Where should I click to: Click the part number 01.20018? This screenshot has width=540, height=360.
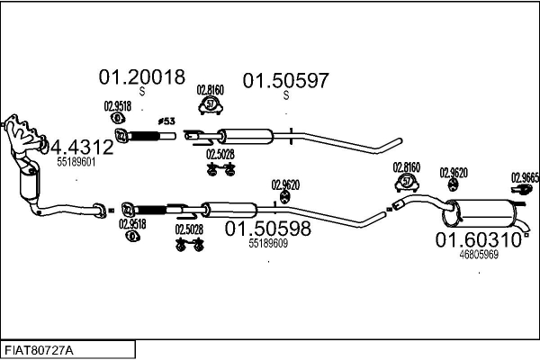coord(142,77)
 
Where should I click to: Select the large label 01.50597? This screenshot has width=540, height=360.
coord(286,81)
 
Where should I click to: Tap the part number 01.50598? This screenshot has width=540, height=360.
coord(268,229)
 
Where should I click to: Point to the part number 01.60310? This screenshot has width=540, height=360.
coord(479,239)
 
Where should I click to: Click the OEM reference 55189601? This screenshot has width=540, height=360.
coord(76,162)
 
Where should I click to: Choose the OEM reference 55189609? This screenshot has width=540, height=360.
coord(268,243)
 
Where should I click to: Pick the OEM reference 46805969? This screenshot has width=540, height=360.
coord(479,254)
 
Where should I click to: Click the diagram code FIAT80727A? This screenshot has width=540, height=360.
coord(39,351)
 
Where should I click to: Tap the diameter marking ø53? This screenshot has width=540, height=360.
coord(166,121)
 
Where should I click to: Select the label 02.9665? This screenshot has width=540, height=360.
coord(526,177)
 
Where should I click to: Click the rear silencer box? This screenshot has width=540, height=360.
coord(479,213)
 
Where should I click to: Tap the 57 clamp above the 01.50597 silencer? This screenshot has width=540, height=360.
coord(211,104)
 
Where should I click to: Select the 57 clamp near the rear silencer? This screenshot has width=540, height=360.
coord(407,182)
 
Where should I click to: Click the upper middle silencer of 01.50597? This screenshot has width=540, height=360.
coord(247,137)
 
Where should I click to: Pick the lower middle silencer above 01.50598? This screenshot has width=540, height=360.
coord(229,210)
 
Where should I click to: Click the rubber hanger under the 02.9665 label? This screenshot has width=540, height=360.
coord(522,189)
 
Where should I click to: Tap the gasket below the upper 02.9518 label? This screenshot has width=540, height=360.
coord(118,119)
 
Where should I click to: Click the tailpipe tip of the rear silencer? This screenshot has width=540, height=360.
coord(526,229)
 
